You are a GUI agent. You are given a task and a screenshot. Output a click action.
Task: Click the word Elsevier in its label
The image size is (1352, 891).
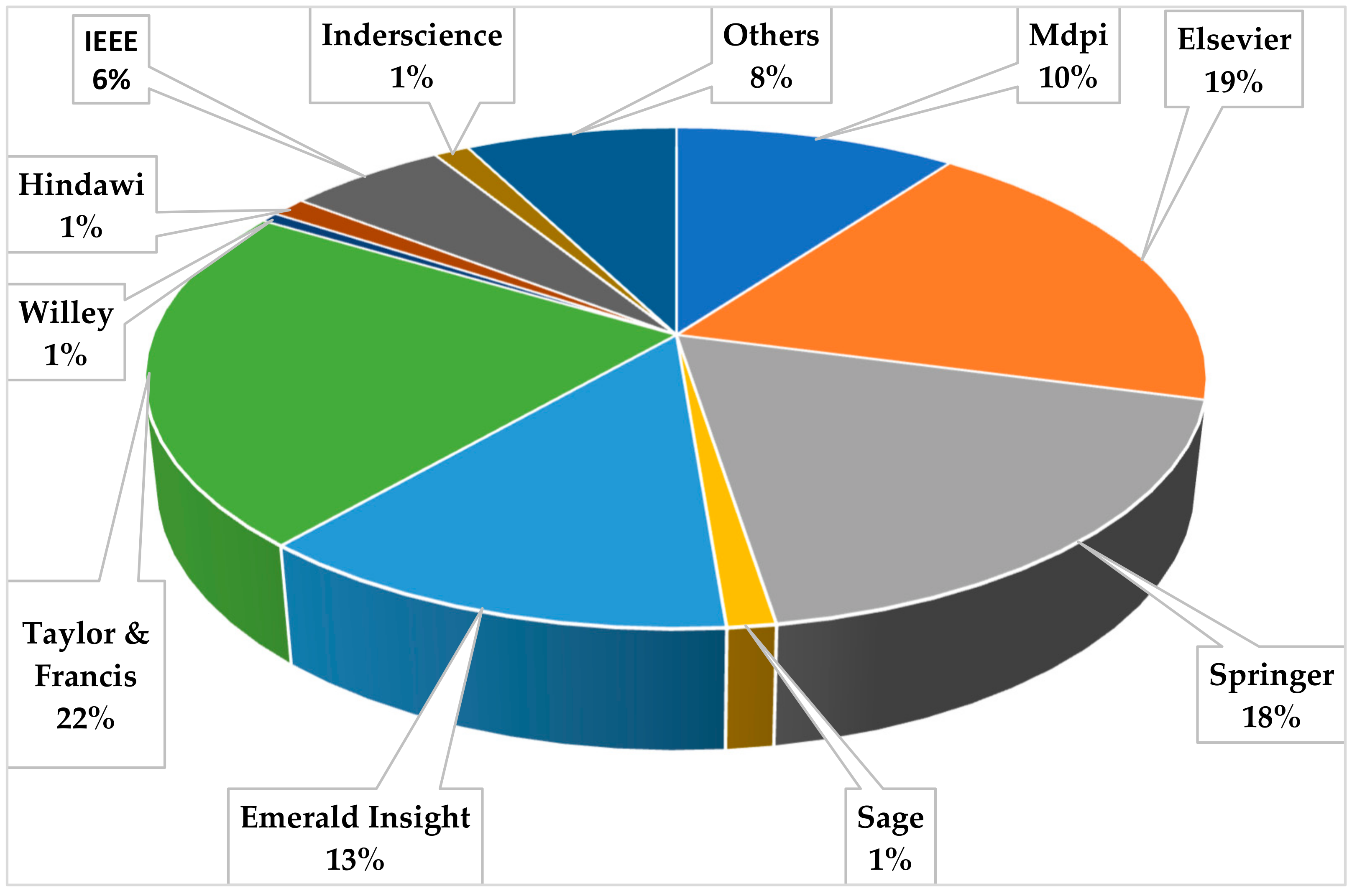1234,40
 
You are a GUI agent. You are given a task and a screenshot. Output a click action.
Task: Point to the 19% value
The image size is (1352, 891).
1234,82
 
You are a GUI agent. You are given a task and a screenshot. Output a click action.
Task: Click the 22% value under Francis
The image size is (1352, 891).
85,719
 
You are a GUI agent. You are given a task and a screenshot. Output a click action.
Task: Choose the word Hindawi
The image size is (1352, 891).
81,185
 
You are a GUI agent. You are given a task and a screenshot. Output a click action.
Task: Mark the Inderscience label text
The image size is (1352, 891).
412,35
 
